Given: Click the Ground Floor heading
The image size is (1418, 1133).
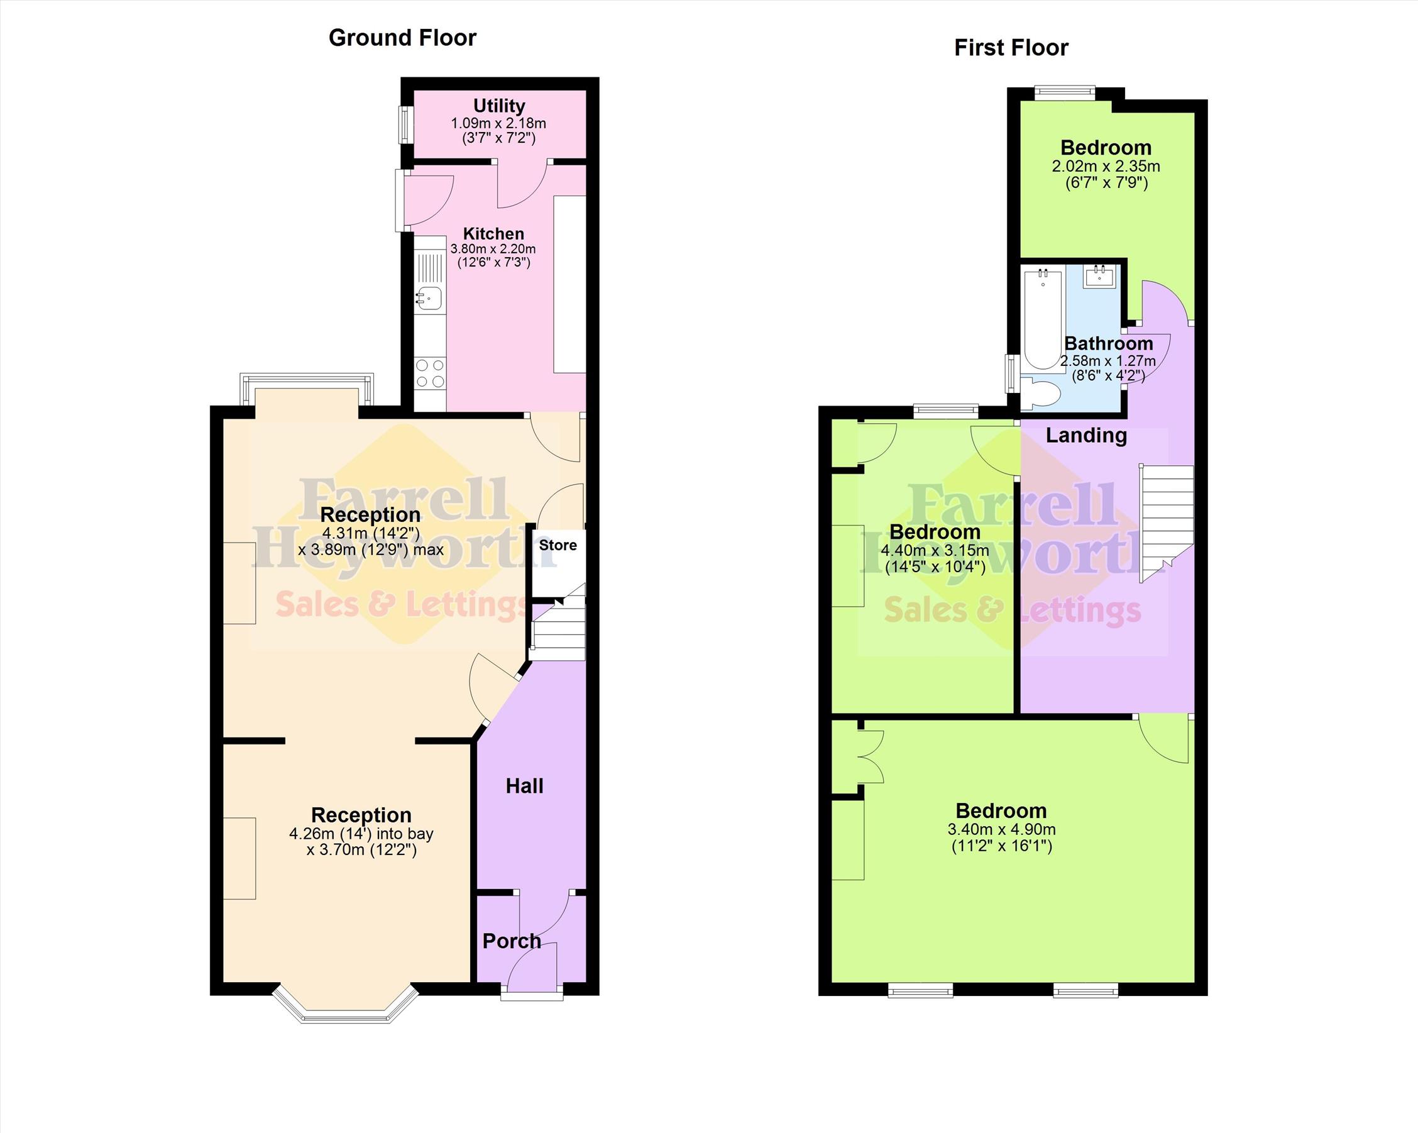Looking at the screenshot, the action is pos(402,38).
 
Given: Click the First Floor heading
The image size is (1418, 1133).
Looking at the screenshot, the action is pos(1011,48).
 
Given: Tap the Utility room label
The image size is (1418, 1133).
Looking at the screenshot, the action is pos(499,106).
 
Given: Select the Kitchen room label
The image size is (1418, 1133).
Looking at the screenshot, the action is pos(493,233).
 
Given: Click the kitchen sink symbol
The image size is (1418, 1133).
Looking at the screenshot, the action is pos(429,299).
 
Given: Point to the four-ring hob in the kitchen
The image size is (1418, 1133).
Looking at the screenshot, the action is pos(430,373).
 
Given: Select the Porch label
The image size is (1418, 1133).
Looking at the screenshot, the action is pos(512,941).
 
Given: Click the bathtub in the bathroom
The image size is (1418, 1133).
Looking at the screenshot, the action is pos(1043,319).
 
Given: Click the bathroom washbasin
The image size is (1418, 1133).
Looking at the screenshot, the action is pos(1099,277).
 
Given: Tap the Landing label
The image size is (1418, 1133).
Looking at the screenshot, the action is pos(1086,435).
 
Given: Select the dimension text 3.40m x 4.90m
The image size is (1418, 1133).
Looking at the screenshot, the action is pos(1002,830).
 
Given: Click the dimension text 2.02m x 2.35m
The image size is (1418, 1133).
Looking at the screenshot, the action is pos(1106,167).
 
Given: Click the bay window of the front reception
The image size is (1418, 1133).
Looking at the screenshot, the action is pos(346,1003).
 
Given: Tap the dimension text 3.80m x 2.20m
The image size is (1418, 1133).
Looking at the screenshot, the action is pos(493,250).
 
